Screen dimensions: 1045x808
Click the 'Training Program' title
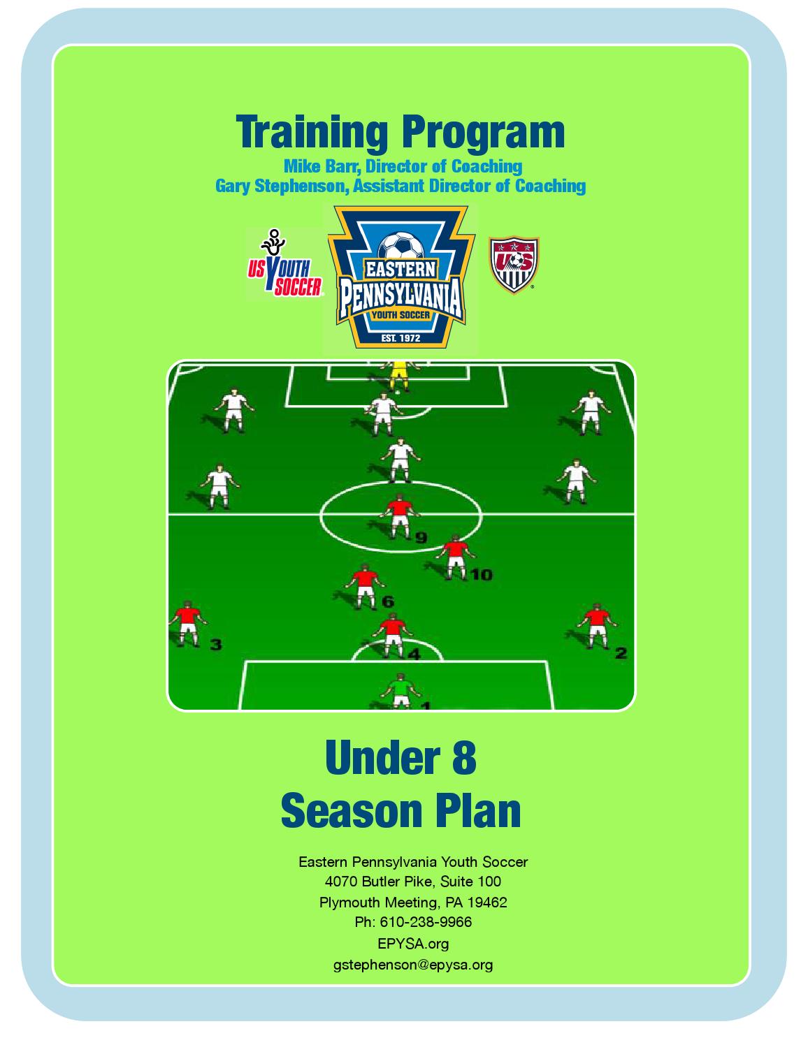[x=401, y=131]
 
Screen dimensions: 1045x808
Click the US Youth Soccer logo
[x=284, y=263]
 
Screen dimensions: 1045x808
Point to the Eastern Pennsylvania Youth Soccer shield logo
[x=401, y=277]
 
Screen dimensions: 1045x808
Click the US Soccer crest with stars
[x=514, y=263]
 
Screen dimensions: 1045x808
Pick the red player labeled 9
[x=398, y=516]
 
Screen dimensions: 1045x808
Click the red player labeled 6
[x=365, y=587]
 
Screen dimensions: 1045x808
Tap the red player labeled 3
[x=187, y=624]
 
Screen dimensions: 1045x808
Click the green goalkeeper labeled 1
[x=401, y=690]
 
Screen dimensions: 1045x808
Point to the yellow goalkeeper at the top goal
[x=399, y=373]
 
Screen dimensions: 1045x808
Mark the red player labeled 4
[x=394, y=635]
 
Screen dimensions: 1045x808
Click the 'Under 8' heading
[x=401, y=758]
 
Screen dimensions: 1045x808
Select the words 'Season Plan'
[x=401, y=810]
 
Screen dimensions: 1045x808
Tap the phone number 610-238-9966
[x=426, y=922]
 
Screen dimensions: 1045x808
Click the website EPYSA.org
[x=413, y=944]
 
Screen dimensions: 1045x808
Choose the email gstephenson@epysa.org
[x=413, y=965]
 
